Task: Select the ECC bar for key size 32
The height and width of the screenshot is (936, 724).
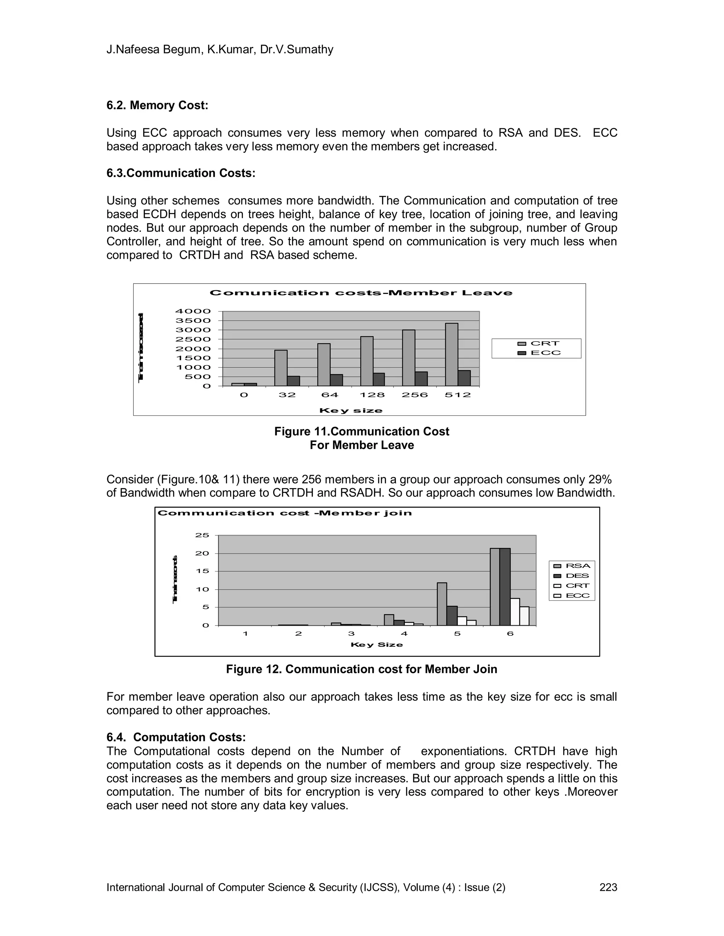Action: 293,381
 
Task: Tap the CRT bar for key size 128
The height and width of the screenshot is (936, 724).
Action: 367,361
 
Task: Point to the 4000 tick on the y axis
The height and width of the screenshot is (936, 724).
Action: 193,311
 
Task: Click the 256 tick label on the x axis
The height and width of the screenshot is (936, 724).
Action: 415,395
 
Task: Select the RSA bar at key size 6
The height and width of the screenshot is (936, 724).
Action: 495,587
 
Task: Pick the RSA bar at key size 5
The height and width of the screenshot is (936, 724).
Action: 442,604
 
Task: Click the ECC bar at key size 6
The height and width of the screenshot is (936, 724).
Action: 524,616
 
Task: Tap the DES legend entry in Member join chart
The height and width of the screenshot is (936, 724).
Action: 572,576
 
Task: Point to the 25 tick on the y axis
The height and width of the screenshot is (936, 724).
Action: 202,535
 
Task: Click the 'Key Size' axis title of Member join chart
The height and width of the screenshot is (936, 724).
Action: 376,645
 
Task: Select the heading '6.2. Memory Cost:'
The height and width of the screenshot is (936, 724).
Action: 157,105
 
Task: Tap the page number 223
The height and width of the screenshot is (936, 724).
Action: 608,887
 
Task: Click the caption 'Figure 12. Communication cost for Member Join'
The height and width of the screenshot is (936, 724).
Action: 362,669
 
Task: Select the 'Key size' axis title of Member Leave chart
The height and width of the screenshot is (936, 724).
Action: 350,410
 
